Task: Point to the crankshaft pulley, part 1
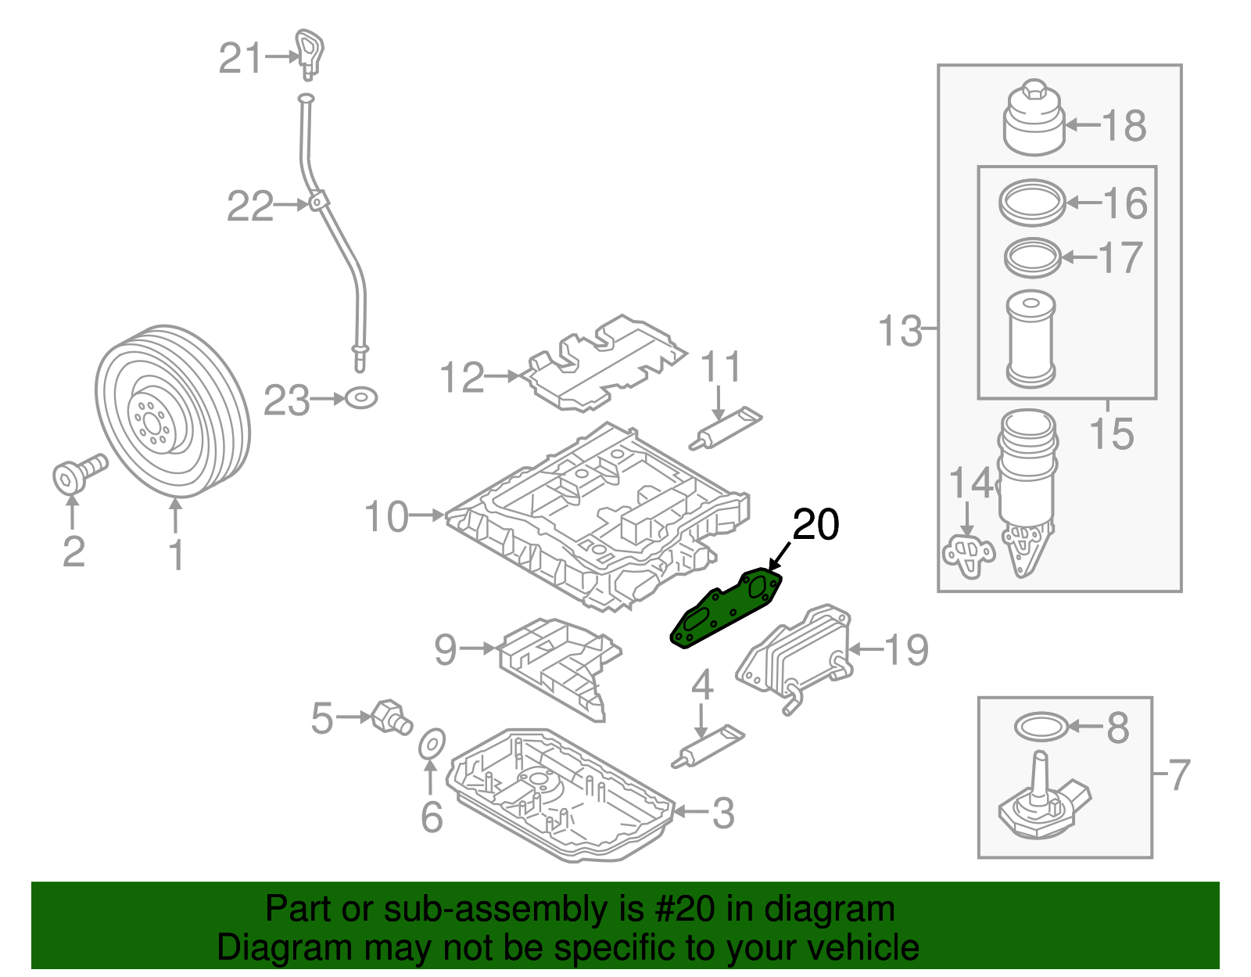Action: (x=173, y=411)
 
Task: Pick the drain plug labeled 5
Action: (x=391, y=716)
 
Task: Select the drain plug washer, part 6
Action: (x=431, y=744)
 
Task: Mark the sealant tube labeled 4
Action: (x=708, y=748)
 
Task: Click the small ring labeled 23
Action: (x=361, y=398)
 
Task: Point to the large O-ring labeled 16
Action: (x=1032, y=203)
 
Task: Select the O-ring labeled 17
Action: (x=1032, y=257)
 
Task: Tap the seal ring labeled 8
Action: (x=1040, y=727)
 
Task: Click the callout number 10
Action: (x=386, y=517)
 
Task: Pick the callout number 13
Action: (x=901, y=330)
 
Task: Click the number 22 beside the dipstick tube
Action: (x=250, y=207)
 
